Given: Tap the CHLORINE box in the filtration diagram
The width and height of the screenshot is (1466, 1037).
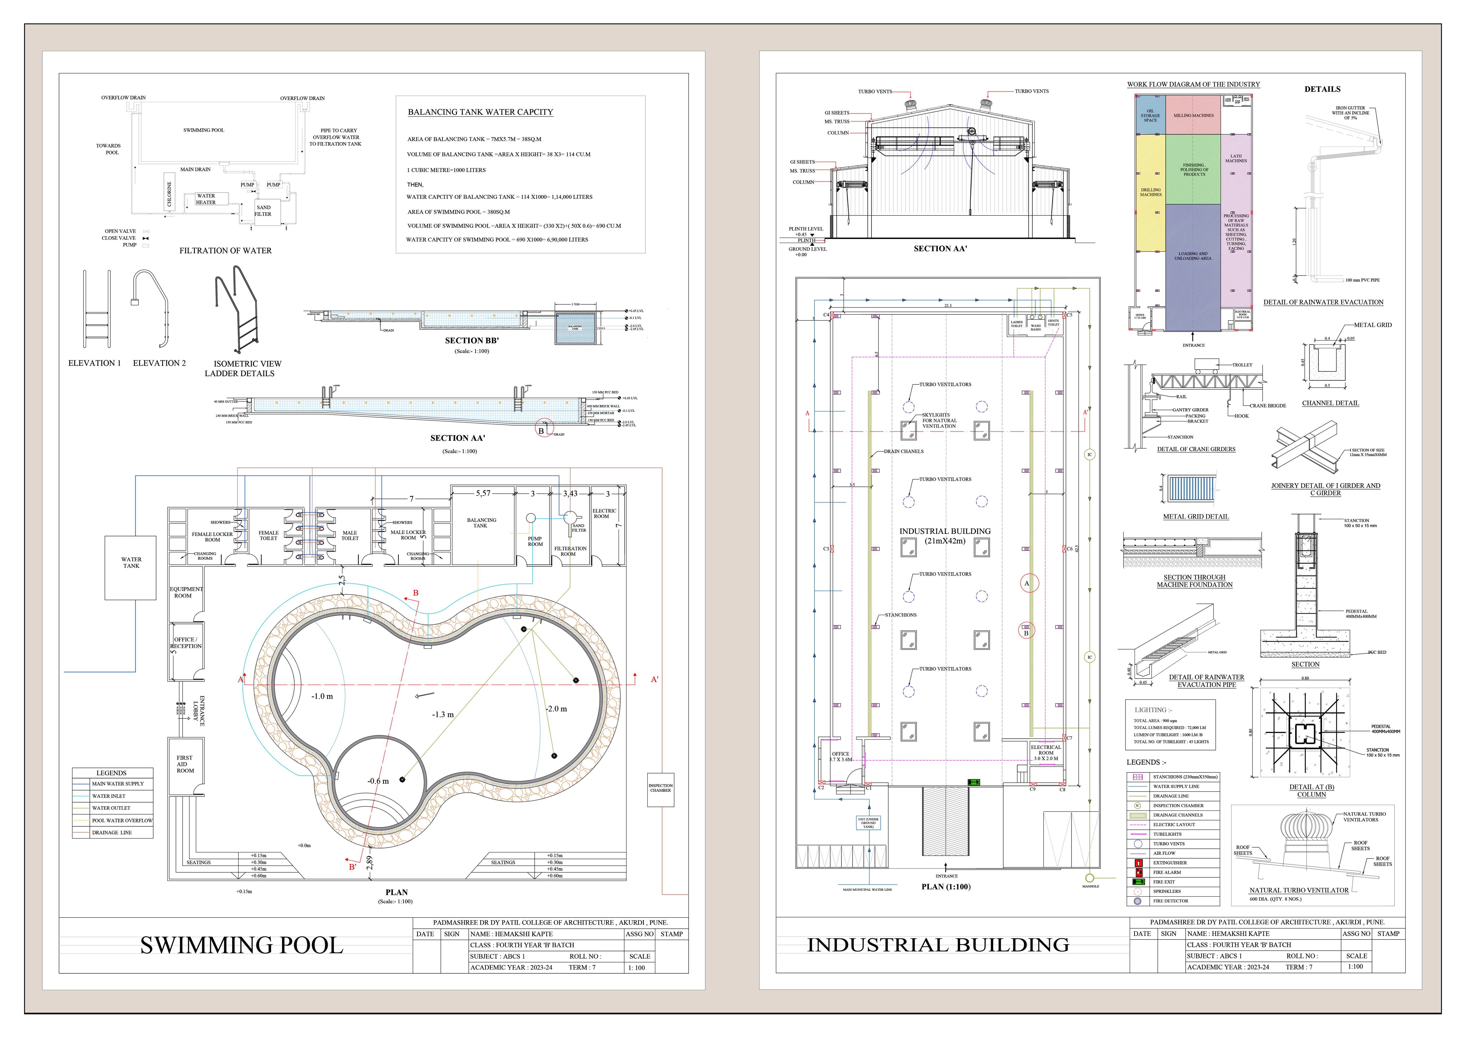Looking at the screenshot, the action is (x=169, y=193).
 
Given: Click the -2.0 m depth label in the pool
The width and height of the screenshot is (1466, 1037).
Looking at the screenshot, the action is (x=556, y=709).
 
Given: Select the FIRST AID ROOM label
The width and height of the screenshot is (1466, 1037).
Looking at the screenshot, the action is (x=185, y=764).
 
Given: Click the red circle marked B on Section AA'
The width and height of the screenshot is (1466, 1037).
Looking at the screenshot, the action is (x=543, y=428).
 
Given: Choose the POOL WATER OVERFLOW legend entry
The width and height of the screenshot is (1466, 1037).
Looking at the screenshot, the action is (x=121, y=820).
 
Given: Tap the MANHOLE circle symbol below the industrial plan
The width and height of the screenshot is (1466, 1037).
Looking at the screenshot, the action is (x=1089, y=878).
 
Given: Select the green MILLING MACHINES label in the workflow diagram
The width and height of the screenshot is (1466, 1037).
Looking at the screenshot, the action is (x=1193, y=116).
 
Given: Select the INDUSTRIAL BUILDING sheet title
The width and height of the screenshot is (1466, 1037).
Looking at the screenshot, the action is (x=938, y=945).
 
